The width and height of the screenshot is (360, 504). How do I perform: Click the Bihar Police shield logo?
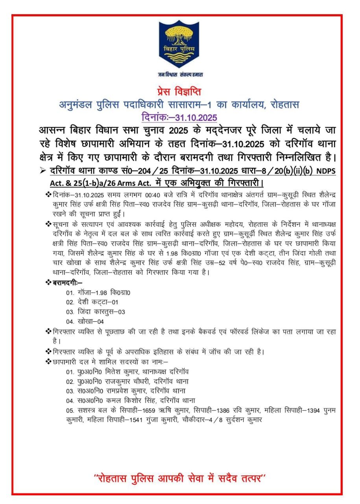coord(179,44)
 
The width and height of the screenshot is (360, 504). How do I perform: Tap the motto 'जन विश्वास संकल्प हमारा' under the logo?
coord(180,74)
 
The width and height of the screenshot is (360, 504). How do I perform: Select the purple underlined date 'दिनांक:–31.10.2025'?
coord(179,117)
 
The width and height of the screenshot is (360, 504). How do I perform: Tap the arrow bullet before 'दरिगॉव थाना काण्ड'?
coord(43,170)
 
